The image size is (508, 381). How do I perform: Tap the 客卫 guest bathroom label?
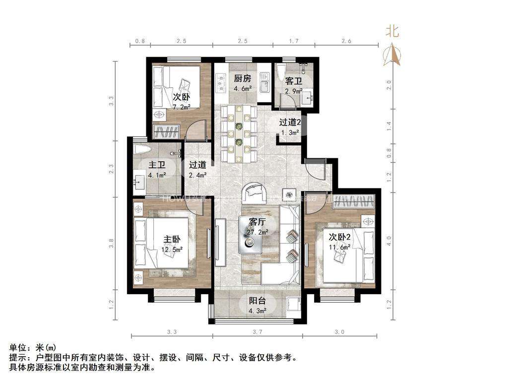pyautogui.click(x=293, y=81)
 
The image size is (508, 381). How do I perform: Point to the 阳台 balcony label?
pyautogui.click(x=257, y=301)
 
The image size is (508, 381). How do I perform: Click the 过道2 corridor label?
pyautogui.click(x=290, y=122)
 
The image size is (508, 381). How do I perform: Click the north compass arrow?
pyautogui.click(x=392, y=55)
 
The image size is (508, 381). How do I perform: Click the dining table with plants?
pyautogui.click(x=239, y=134)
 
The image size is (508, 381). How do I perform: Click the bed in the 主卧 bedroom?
pyautogui.click(x=161, y=243)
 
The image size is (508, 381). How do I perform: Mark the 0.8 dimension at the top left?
pyautogui.click(x=140, y=42)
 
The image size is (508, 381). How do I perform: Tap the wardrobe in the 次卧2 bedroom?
pyautogui.click(x=354, y=200)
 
